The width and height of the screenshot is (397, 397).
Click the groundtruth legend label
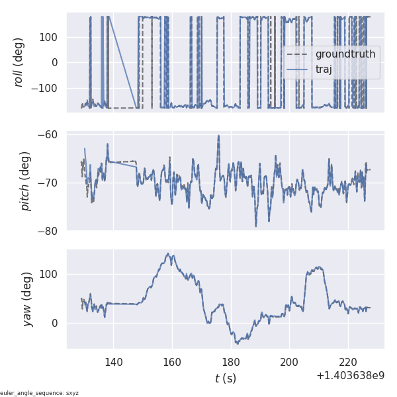tap(345, 54)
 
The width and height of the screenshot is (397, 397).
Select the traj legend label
tap(324, 69)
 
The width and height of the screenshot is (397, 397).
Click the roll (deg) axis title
tap(19, 62)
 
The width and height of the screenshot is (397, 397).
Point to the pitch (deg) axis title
tap(26, 181)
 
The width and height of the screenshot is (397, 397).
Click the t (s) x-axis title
tap(225, 378)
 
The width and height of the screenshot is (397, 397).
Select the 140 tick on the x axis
tap(113, 362)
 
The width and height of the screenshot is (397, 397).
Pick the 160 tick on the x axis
tap(172, 362)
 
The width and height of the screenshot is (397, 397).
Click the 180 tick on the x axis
tap(231, 362)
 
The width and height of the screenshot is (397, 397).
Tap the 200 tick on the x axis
tap(289, 362)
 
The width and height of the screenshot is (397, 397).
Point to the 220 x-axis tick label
tap(348, 362)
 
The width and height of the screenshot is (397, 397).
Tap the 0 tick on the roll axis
tap(55, 63)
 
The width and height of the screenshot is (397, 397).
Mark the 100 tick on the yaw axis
tap(50, 275)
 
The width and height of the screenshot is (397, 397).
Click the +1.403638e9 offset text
tap(350, 376)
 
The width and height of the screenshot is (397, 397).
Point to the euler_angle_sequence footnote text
tap(39, 393)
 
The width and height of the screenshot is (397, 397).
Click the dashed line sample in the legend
tap(298, 54)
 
